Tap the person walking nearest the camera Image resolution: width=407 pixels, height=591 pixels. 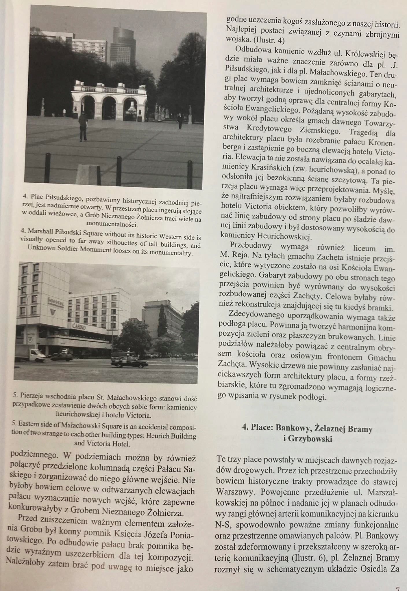coord(83,126)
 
